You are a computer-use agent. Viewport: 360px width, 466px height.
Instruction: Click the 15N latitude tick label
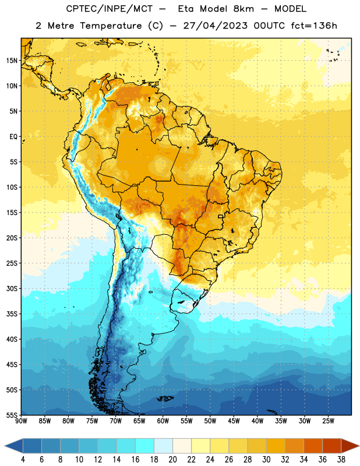point(12,61)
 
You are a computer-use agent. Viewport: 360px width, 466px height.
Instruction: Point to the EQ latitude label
point(13,137)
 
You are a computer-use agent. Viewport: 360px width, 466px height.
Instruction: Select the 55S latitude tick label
point(12,415)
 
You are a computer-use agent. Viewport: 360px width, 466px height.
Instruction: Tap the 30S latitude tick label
point(12,288)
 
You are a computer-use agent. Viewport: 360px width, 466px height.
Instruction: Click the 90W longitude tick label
point(21,421)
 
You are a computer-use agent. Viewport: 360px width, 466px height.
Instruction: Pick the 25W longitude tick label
point(328,421)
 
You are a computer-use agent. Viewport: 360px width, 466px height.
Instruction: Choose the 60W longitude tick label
point(163,421)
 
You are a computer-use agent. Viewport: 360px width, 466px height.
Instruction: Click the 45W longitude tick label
point(234,421)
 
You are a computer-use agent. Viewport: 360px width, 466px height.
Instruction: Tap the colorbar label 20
point(172,460)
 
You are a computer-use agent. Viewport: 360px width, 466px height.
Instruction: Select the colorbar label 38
point(341,460)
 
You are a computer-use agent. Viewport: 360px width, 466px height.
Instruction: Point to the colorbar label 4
point(23,460)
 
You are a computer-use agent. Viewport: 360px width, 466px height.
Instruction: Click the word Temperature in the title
point(111,26)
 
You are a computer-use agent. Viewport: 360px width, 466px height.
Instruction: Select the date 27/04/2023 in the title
point(215,26)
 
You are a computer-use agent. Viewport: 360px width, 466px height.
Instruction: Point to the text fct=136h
point(314,26)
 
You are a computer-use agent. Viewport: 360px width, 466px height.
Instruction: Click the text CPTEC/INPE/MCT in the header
point(110,9)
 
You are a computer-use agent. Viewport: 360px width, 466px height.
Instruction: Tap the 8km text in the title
point(243,9)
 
